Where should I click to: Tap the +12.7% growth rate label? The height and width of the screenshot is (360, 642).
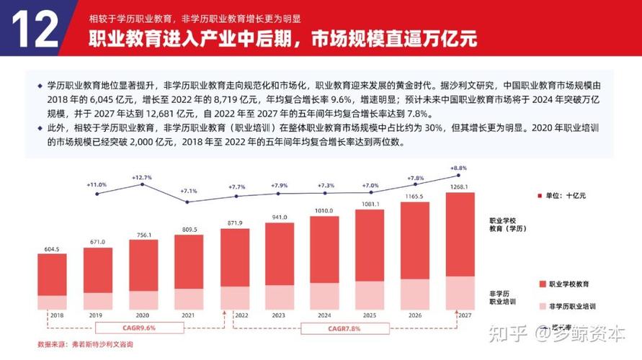(x=143, y=176)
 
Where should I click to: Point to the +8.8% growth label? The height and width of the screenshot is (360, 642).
(x=459, y=168)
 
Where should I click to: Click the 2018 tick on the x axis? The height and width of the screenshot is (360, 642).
(x=50, y=315)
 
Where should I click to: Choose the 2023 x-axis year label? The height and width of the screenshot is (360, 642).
(x=278, y=315)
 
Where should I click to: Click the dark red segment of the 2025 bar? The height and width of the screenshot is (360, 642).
(x=370, y=245)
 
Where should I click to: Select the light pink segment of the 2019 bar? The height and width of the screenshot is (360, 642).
(x=97, y=301)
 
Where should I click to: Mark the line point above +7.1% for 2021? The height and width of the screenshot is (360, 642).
(x=187, y=202)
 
